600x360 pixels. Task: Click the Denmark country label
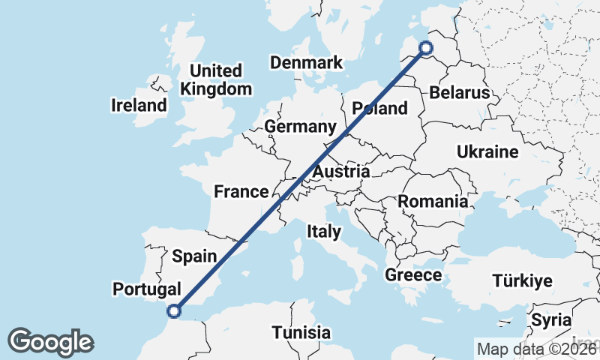(306, 62)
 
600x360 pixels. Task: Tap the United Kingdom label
(216, 80)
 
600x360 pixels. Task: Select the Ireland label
(139, 105)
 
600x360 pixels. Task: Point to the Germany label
(299, 127)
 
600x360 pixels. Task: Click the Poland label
(379, 108)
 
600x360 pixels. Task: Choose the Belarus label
(460, 93)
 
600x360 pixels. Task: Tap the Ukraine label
(487, 152)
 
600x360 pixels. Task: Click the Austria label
(341, 172)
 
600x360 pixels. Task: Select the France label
(241, 191)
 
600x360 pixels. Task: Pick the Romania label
(433, 201)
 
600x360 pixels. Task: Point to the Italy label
(323, 232)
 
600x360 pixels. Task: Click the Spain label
(194, 256)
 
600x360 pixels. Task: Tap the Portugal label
(147, 289)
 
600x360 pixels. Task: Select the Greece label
(413, 275)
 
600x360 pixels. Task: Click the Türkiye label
(522, 281)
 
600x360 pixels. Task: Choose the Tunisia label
(301, 331)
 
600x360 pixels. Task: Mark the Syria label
(551, 320)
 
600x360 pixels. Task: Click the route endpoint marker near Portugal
(174, 310)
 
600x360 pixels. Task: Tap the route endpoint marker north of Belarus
(425, 48)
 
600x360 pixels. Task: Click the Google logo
(50, 342)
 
